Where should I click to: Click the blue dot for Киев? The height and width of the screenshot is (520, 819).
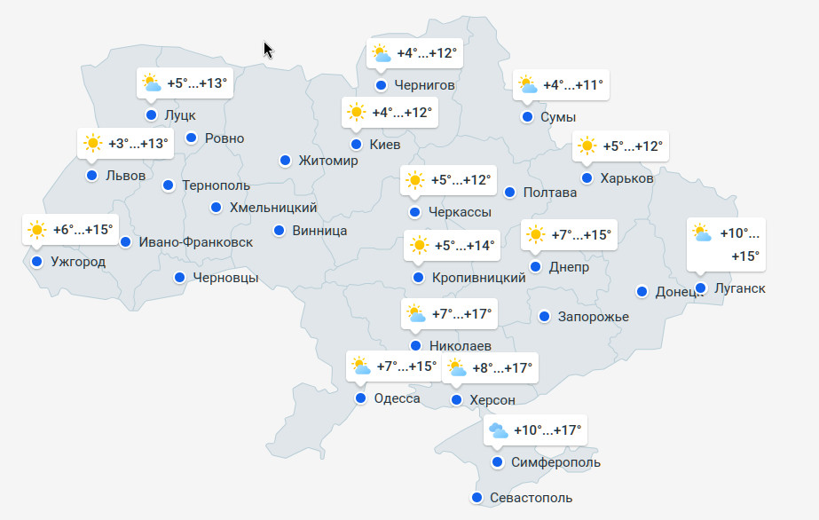356,145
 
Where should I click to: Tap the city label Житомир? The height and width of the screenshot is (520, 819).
328,161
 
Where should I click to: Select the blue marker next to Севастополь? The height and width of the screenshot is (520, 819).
477,498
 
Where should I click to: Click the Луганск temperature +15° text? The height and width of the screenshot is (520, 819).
744,256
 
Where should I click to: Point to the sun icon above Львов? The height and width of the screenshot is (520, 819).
92,144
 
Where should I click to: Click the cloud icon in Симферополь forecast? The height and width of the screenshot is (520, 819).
498,431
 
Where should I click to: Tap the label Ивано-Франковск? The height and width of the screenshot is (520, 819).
195,242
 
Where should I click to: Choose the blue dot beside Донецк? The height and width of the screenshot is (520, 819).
642,292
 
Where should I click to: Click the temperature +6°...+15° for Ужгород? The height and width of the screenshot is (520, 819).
83,230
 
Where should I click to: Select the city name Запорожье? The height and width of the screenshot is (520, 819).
593,317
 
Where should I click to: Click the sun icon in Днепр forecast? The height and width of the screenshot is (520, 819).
535,235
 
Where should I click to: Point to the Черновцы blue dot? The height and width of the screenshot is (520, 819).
180,278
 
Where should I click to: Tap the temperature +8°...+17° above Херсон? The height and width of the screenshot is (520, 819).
501,367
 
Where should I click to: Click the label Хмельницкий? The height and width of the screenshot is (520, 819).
273,208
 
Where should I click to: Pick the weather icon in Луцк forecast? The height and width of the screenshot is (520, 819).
152,83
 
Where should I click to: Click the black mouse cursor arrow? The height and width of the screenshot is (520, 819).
268,49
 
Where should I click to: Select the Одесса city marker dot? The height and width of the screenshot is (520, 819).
361,398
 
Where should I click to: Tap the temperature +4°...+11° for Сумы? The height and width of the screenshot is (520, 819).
572,85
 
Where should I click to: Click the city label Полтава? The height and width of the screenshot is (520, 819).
551,193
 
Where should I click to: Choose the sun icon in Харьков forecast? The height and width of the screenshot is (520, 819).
587,146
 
